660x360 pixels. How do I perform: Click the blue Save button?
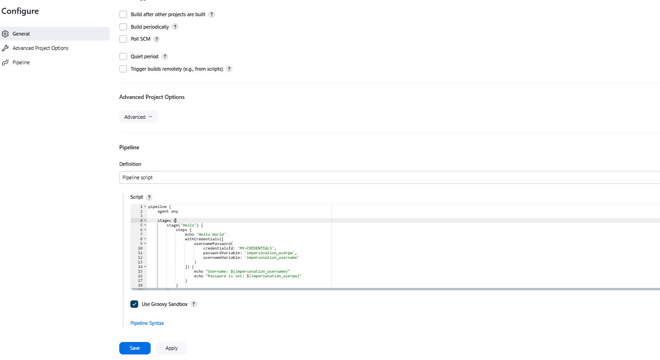[x=134, y=348]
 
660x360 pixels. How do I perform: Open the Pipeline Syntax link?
[x=147, y=323]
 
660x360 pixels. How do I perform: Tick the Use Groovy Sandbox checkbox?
[x=134, y=304]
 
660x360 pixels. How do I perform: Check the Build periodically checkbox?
[x=123, y=27]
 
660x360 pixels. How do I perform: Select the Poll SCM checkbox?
[x=123, y=39]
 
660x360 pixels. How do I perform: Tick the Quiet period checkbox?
[x=123, y=56]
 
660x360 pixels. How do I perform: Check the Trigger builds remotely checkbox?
[x=123, y=69]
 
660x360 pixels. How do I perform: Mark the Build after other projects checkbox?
[x=123, y=14]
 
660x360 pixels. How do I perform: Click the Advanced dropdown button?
[x=139, y=117]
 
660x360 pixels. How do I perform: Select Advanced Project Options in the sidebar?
[x=40, y=48]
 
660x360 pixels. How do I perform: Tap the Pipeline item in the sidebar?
[x=21, y=62]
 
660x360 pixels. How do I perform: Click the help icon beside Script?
[x=149, y=197]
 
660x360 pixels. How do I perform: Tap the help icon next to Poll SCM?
[x=157, y=39]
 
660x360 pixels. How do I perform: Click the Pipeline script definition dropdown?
[x=390, y=177]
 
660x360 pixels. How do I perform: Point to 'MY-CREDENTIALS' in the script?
[x=256, y=248]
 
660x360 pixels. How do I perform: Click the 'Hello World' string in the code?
[x=211, y=234]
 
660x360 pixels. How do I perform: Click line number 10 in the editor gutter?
[x=140, y=248]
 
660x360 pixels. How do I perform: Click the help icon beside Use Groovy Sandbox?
[x=194, y=305]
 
